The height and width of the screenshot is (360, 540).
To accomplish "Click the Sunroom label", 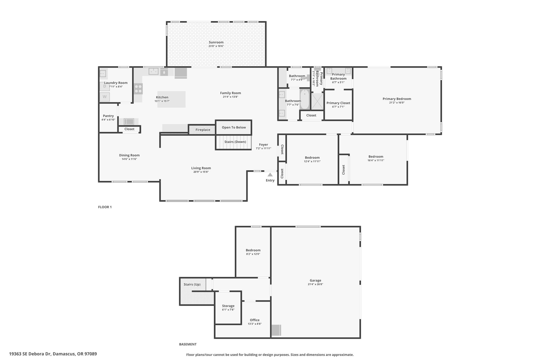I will click(x=216, y=42).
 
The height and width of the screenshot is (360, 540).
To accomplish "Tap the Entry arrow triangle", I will click(x=270, y=175).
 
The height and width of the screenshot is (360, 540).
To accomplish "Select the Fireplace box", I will click(x=202, y=130).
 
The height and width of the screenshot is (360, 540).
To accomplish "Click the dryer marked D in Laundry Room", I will click(x=105, y=87).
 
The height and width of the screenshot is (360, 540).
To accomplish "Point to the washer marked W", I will click(x=105, y=97).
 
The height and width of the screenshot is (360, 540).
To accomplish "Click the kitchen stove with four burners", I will click(x=138, y=89).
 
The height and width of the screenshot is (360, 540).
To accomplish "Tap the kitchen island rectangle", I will click(x=171, y=99).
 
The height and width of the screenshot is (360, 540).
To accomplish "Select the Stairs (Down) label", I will click(x=235, y=142).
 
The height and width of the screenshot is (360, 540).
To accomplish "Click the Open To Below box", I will click(x=234, y=127).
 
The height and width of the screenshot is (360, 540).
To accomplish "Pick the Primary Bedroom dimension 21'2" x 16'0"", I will click(x=397, y=103).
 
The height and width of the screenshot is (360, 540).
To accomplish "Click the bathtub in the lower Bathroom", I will click(x=305, y=99).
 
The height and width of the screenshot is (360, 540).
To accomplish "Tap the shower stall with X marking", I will click(x=317, y=101).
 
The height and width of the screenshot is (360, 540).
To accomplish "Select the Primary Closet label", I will click(x=338, y=103).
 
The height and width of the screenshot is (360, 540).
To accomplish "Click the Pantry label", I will click(x=108, y=116).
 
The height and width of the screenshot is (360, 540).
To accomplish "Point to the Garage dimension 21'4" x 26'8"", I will click(x=315, y=284).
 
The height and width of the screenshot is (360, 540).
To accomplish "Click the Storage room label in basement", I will click(x=228, y=306).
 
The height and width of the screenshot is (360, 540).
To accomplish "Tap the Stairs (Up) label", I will click(x=192, y=284).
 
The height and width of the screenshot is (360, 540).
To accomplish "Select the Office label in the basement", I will click(x=254, y=320).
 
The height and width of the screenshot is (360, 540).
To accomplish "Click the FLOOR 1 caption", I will click(x=105, y=207).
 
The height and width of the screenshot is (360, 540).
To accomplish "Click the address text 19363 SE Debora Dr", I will click(x=53, y=354).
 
